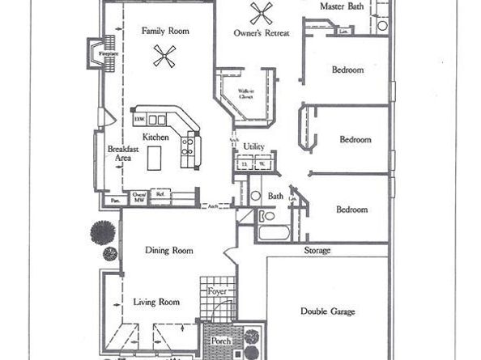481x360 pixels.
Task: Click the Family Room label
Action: tap(164, 31)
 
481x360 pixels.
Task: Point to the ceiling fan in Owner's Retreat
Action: tap(261, 13)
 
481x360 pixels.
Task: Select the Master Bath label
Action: tap(342, 6)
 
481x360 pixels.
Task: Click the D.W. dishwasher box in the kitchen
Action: tap(139, 120)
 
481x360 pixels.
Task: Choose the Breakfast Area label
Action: tap(121, 154)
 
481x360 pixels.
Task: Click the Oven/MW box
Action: tap(139, 197)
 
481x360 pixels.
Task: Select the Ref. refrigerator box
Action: tap(160, 194)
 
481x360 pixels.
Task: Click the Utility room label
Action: tap(254, 147)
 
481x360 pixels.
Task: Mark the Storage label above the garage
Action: tap(317, 251)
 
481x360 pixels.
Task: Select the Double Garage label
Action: tap(327, 311)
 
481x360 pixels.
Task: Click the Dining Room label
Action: tap(169, 251)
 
